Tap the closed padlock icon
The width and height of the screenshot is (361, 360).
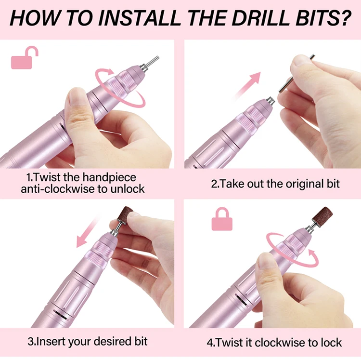[x=222, y=219]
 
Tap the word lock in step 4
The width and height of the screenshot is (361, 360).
[x=331, y=343]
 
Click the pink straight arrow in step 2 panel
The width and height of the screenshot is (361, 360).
[x=246, y=86]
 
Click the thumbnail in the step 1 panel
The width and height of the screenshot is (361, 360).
[x=76, y=96]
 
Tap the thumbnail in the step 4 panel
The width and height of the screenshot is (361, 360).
[x=265, y=260]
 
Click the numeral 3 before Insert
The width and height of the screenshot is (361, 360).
[x=31, y=341]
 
